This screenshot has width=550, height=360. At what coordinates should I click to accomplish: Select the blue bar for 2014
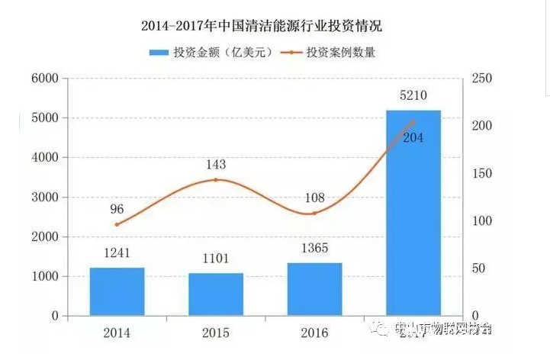pos(117,291)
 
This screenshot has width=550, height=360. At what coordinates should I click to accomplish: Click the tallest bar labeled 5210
pos(413,213)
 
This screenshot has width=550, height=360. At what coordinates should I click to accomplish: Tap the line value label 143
pos(216,164)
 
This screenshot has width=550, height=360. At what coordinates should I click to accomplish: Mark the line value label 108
pos(314,197)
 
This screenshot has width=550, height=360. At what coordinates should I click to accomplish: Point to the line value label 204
pos(412,137)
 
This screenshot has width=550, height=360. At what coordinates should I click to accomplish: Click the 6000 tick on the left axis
pos(43,79)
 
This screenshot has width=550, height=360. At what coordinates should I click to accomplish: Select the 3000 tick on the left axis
pos(43,198)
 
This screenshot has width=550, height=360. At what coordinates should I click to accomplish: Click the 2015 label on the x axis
pos(216,333)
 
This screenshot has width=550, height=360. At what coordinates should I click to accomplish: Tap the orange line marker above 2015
pos(216,180)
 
